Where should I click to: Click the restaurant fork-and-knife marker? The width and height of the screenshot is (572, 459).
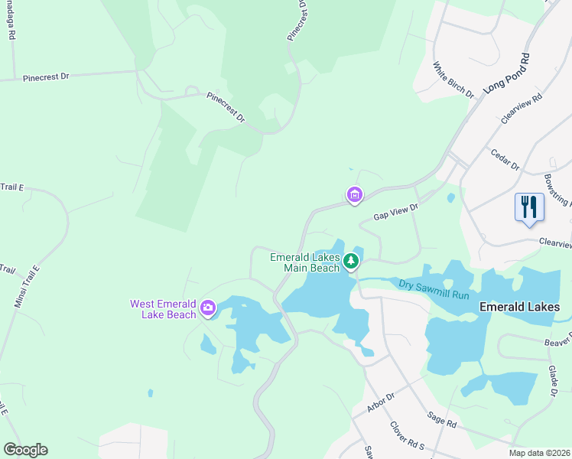pos(529,207)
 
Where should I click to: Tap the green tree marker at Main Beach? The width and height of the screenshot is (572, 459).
pos(351,262)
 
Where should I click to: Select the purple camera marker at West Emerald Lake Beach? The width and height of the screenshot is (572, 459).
pos(207,309)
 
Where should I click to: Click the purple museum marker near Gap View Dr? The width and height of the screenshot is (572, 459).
pos(355,196)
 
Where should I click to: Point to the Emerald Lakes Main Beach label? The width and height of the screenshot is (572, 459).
pos(304,262)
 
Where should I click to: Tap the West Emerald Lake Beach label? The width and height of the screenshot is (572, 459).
pos(164,309)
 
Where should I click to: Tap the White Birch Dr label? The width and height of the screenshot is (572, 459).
pos(453,80)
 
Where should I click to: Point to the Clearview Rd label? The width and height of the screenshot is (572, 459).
pos(522,109)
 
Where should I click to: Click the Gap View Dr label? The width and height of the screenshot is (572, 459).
pos(396,212)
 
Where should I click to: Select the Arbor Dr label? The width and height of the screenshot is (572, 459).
pos(380,402)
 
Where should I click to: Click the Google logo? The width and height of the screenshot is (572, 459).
pos(25,450)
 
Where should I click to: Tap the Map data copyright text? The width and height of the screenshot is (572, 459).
pos(539,453)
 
